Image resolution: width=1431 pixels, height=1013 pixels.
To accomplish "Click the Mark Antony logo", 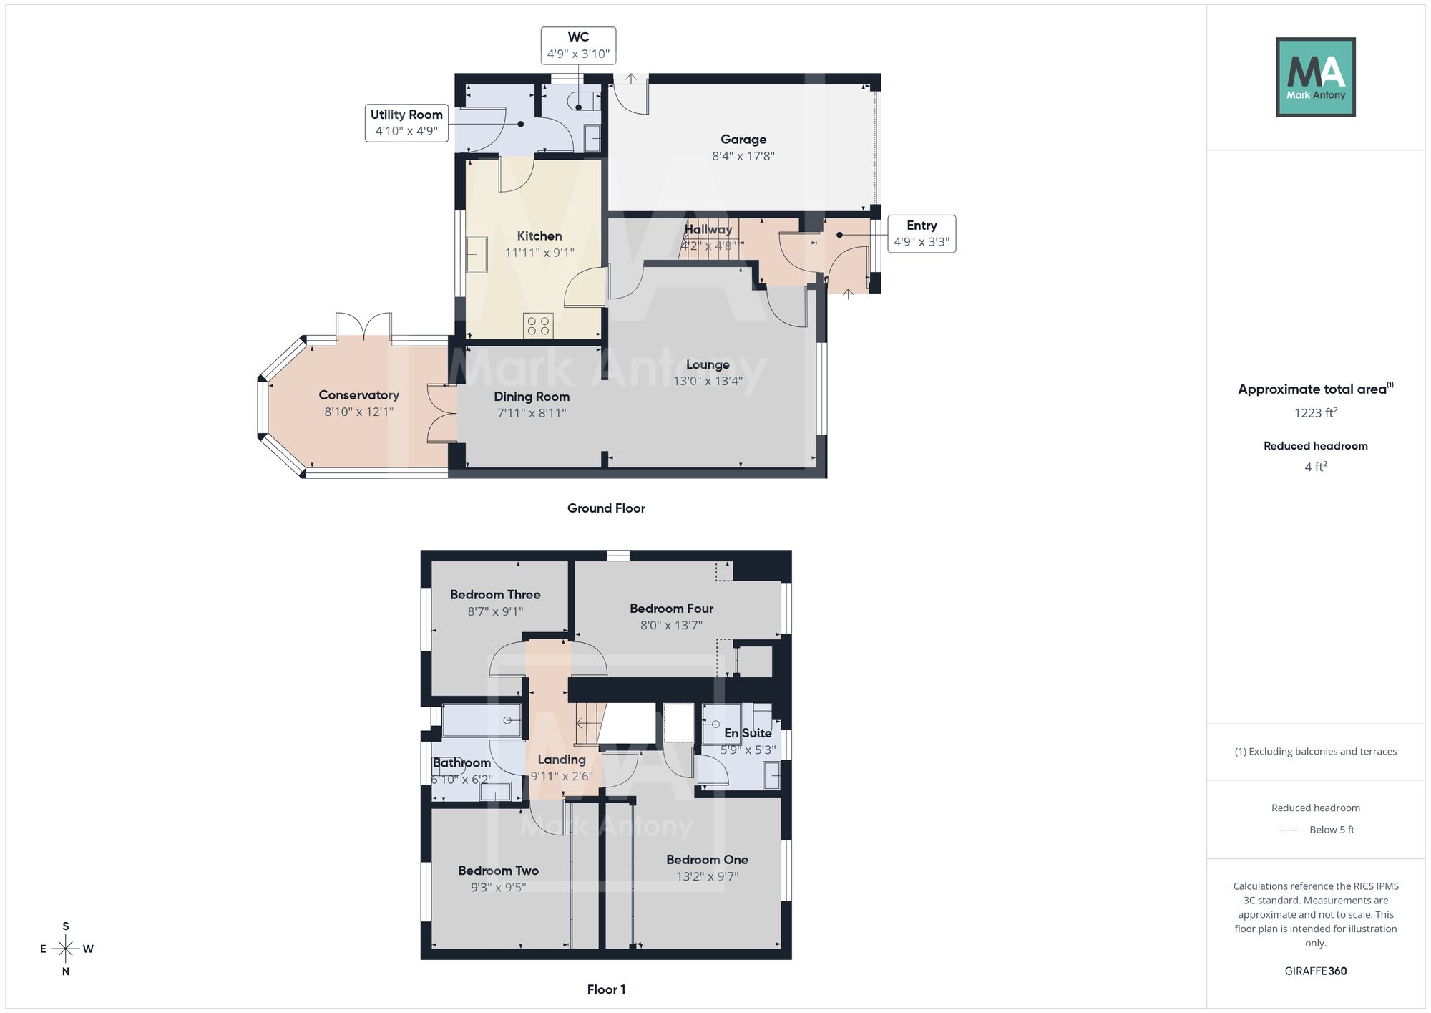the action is click(1316, 77).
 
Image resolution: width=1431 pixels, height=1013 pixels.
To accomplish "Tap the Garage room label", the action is click(743, 140).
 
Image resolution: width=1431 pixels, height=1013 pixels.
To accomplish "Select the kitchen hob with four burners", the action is click(538, 326).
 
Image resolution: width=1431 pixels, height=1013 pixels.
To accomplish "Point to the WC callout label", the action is click(578, 46).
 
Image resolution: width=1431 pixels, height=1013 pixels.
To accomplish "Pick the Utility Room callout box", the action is click(406, 122).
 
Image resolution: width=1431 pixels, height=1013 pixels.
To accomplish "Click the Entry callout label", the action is click(922, 233).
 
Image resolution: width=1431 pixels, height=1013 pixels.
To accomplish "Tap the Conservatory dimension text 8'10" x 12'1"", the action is click(358, 412).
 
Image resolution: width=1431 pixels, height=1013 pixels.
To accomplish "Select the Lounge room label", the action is click(708, 364).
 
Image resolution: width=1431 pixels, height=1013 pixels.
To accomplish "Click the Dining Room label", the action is click(532, 397).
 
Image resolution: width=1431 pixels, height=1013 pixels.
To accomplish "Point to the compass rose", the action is click(66, 949).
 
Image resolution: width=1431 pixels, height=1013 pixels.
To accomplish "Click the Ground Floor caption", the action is click(606, 508).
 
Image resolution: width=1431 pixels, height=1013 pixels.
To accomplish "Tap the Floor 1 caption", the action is click(606, 989).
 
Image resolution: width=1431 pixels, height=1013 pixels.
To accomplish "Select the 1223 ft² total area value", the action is click(1316, 412).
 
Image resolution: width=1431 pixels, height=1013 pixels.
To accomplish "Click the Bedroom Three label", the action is click(495, 595).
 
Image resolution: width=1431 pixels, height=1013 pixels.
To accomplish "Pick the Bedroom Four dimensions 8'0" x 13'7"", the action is click(671, 625).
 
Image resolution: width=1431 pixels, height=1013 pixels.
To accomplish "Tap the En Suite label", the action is click(748, 733).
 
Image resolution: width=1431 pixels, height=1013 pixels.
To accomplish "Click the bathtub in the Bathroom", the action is click(482, 720).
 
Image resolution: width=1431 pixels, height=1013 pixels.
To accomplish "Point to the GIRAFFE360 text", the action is click(1316, 971).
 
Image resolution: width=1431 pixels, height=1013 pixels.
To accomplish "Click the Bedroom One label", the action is click(707, 860).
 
